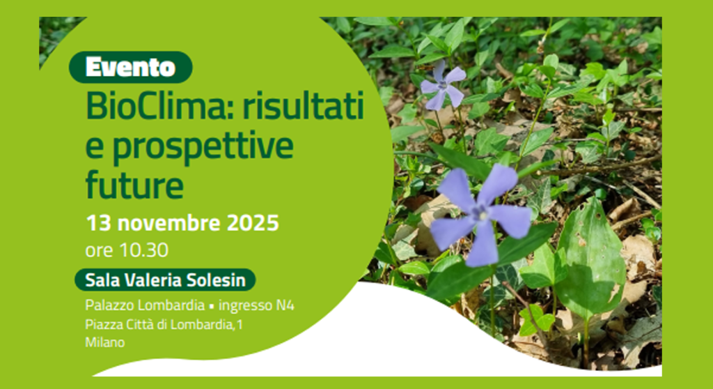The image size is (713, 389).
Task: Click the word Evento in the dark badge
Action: click(130, 68)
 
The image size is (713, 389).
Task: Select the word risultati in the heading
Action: click(304, 106)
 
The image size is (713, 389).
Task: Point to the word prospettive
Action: click(203, 147)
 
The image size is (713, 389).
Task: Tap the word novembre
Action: click(169, 223)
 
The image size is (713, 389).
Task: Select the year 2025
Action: click(253, 223)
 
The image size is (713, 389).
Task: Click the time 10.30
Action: click(143, 250)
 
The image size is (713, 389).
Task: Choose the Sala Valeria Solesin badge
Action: click(165, 280)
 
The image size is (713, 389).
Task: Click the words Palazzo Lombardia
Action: click(145, 305)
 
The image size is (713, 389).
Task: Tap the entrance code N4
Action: click(285, 305)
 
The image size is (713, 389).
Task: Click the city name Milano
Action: click(104, 342)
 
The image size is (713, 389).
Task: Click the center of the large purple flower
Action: click(480, 214)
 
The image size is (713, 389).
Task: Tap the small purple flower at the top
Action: click(442, 86)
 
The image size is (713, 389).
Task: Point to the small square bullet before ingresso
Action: click(212, 307)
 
